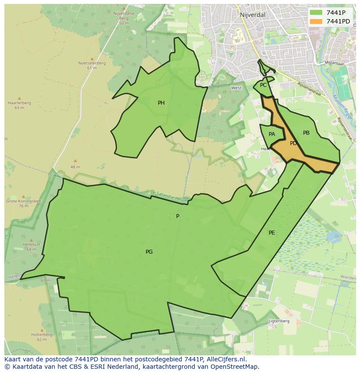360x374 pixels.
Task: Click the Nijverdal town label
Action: click(x=252, y=15)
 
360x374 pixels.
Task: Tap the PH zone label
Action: click(x=161, y=103)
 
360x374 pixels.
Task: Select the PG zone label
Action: click(x=149, y=252)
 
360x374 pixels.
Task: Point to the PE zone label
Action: click(x=272, y=233)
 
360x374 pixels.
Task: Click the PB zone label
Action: click(x=306, y=133)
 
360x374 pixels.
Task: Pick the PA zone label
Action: click(x=272, y=134)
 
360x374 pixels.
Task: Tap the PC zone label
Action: click(x=263, y=85)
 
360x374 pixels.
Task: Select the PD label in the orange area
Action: click(x=293, y=143)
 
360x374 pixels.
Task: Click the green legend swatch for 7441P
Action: click(x=316, y=13)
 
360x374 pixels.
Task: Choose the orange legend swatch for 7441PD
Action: click(x=316, y=21)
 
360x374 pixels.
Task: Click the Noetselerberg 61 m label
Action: click(x=92, y=65)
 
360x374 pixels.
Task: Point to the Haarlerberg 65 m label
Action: click(x=19, y=105)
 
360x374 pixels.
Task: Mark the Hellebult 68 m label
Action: click(x=31, y=247)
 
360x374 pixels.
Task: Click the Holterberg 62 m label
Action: click(x=42, y=337)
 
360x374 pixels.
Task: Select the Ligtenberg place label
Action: click(x=279, y=321)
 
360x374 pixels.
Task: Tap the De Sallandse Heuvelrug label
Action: click(x=170, y=197)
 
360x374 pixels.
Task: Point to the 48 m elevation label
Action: click(x=75, y=167)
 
